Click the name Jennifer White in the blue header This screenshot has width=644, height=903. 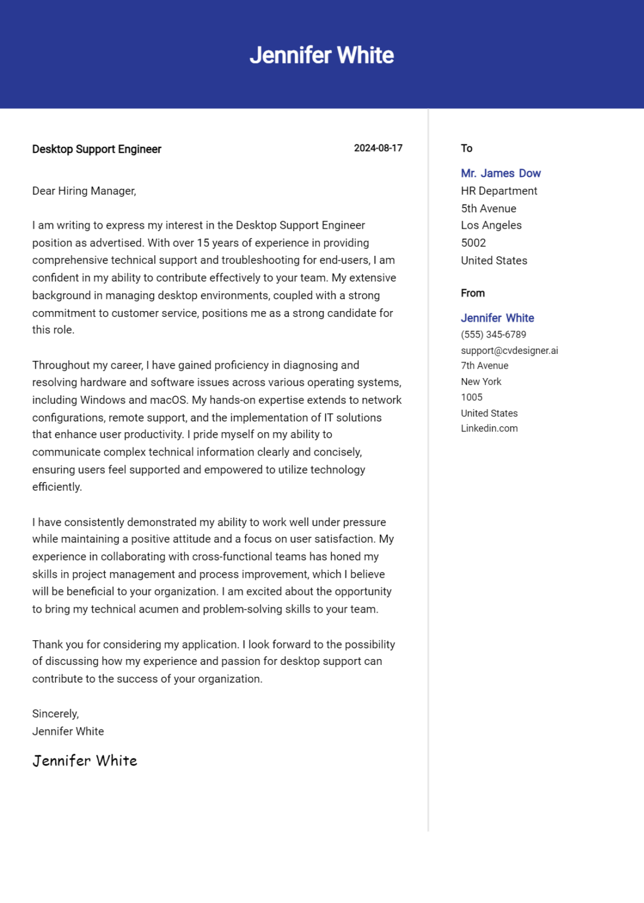(322, 55)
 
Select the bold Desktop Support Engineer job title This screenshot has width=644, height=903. (96, 149)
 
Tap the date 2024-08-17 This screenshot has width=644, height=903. (378, 148)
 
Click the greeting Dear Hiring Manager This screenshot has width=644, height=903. (84, 191)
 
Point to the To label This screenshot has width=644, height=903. (466, 148)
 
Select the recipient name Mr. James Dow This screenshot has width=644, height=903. (500, 173)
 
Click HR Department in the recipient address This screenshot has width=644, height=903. (499, 191)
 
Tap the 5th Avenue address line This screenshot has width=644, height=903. (488, 209)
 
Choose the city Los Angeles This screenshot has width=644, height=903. (491, 225)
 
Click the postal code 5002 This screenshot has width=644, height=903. (473, 243)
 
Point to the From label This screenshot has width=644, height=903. (472, 293)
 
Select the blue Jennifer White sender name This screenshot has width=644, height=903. (497, 318)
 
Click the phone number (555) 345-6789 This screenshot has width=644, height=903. (493, 335)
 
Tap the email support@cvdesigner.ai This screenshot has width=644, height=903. (509, 350)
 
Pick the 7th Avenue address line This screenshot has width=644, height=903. (484, 366)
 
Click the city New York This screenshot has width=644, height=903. (481, 382)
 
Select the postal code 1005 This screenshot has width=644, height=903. (471, 397)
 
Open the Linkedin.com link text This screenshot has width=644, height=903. (489, 429)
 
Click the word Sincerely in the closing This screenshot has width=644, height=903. (55, 714)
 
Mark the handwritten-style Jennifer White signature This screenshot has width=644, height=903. (85, 761)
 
